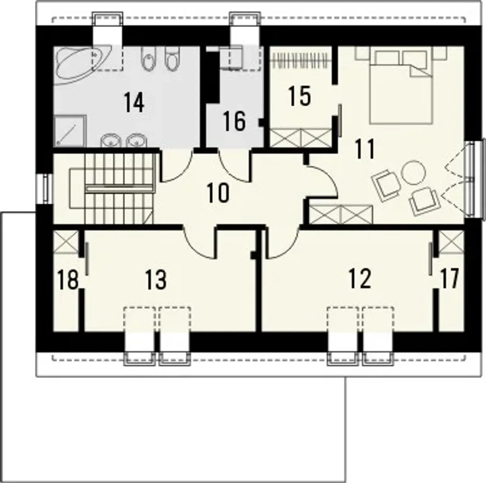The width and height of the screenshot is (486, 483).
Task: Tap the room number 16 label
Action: tap(234, 121)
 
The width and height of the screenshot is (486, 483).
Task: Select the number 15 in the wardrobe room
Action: tap(299, 96)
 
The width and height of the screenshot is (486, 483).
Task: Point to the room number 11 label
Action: tap(365, 149)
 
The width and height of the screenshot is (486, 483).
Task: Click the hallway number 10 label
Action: tap(218, 193)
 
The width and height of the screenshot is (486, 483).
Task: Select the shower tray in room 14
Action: tap(70, 131)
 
